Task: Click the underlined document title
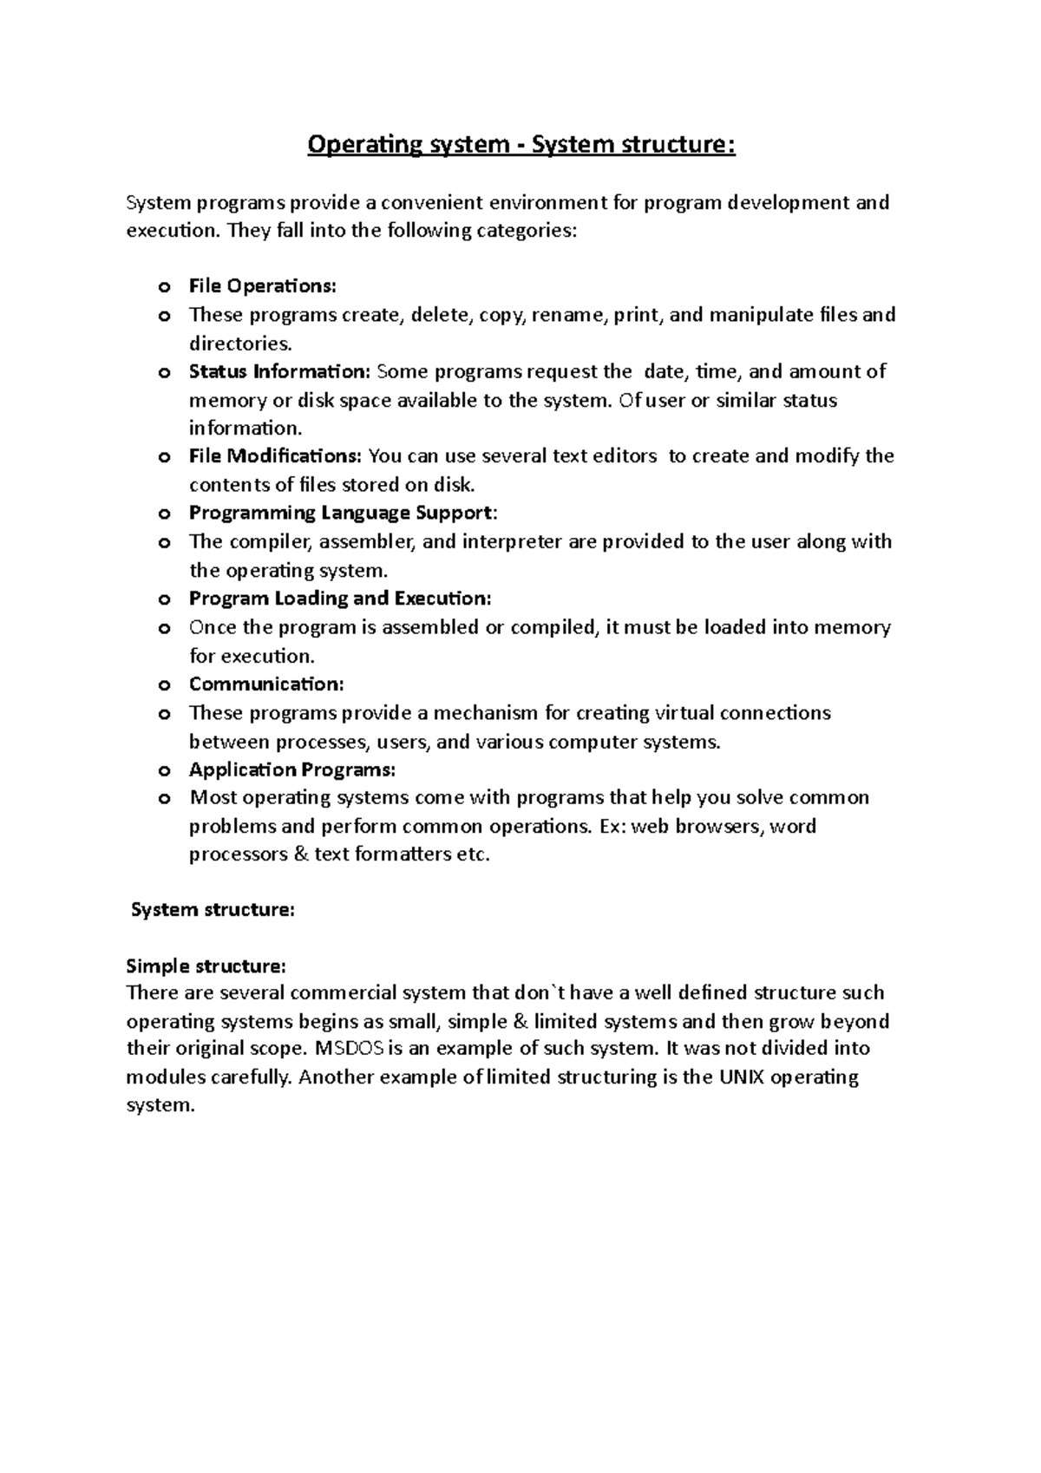pyautogui.click(x=521, y=144)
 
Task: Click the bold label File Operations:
pyautogui.click(x=262, y=286)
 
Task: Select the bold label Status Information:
pyautogui.click(x=279, y=372)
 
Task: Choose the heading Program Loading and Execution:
pyautogui.click(x=340, y=599)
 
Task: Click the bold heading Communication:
pyautogui.click(x=266, y=684)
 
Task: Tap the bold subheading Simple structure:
pyautogui.click(x=206, y=966)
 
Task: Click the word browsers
pyautogui.click(x=720, y=827)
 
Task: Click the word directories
pyautogui.click(x=234, y=344)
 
